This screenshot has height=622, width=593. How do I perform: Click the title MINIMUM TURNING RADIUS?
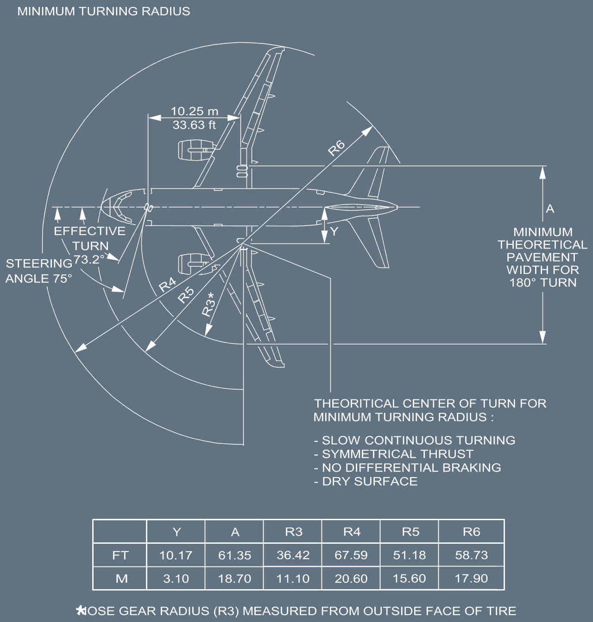point(103,11)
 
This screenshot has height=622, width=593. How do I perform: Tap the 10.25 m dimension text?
point(194,111)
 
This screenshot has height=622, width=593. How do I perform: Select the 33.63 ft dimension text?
point(194,124)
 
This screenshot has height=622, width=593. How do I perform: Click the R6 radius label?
point(337,147)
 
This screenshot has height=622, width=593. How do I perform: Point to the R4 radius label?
point(167,284)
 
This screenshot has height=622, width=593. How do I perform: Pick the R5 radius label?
point(186,294)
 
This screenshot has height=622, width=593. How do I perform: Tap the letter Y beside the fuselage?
point(334,231)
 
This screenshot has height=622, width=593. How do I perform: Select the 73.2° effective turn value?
point(89,259)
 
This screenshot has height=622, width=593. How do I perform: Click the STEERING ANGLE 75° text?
point(39,271)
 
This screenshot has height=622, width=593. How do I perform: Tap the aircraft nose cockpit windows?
point(119,207)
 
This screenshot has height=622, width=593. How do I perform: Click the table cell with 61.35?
point(234,555)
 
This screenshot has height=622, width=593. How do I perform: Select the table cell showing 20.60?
point(351,578)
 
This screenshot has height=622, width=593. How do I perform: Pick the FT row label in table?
point(120,555)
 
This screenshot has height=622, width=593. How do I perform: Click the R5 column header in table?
point(410,532)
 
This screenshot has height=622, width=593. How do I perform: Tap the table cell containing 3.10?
point(176,578)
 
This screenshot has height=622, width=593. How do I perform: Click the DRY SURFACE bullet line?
point(366,481)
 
